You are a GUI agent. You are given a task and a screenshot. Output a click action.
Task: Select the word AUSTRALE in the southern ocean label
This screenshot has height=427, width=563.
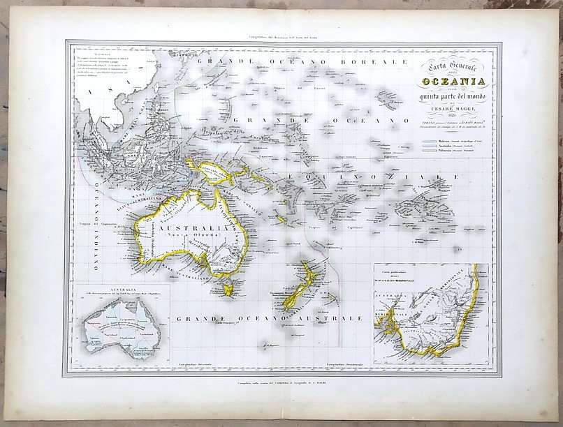click(329, 319)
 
